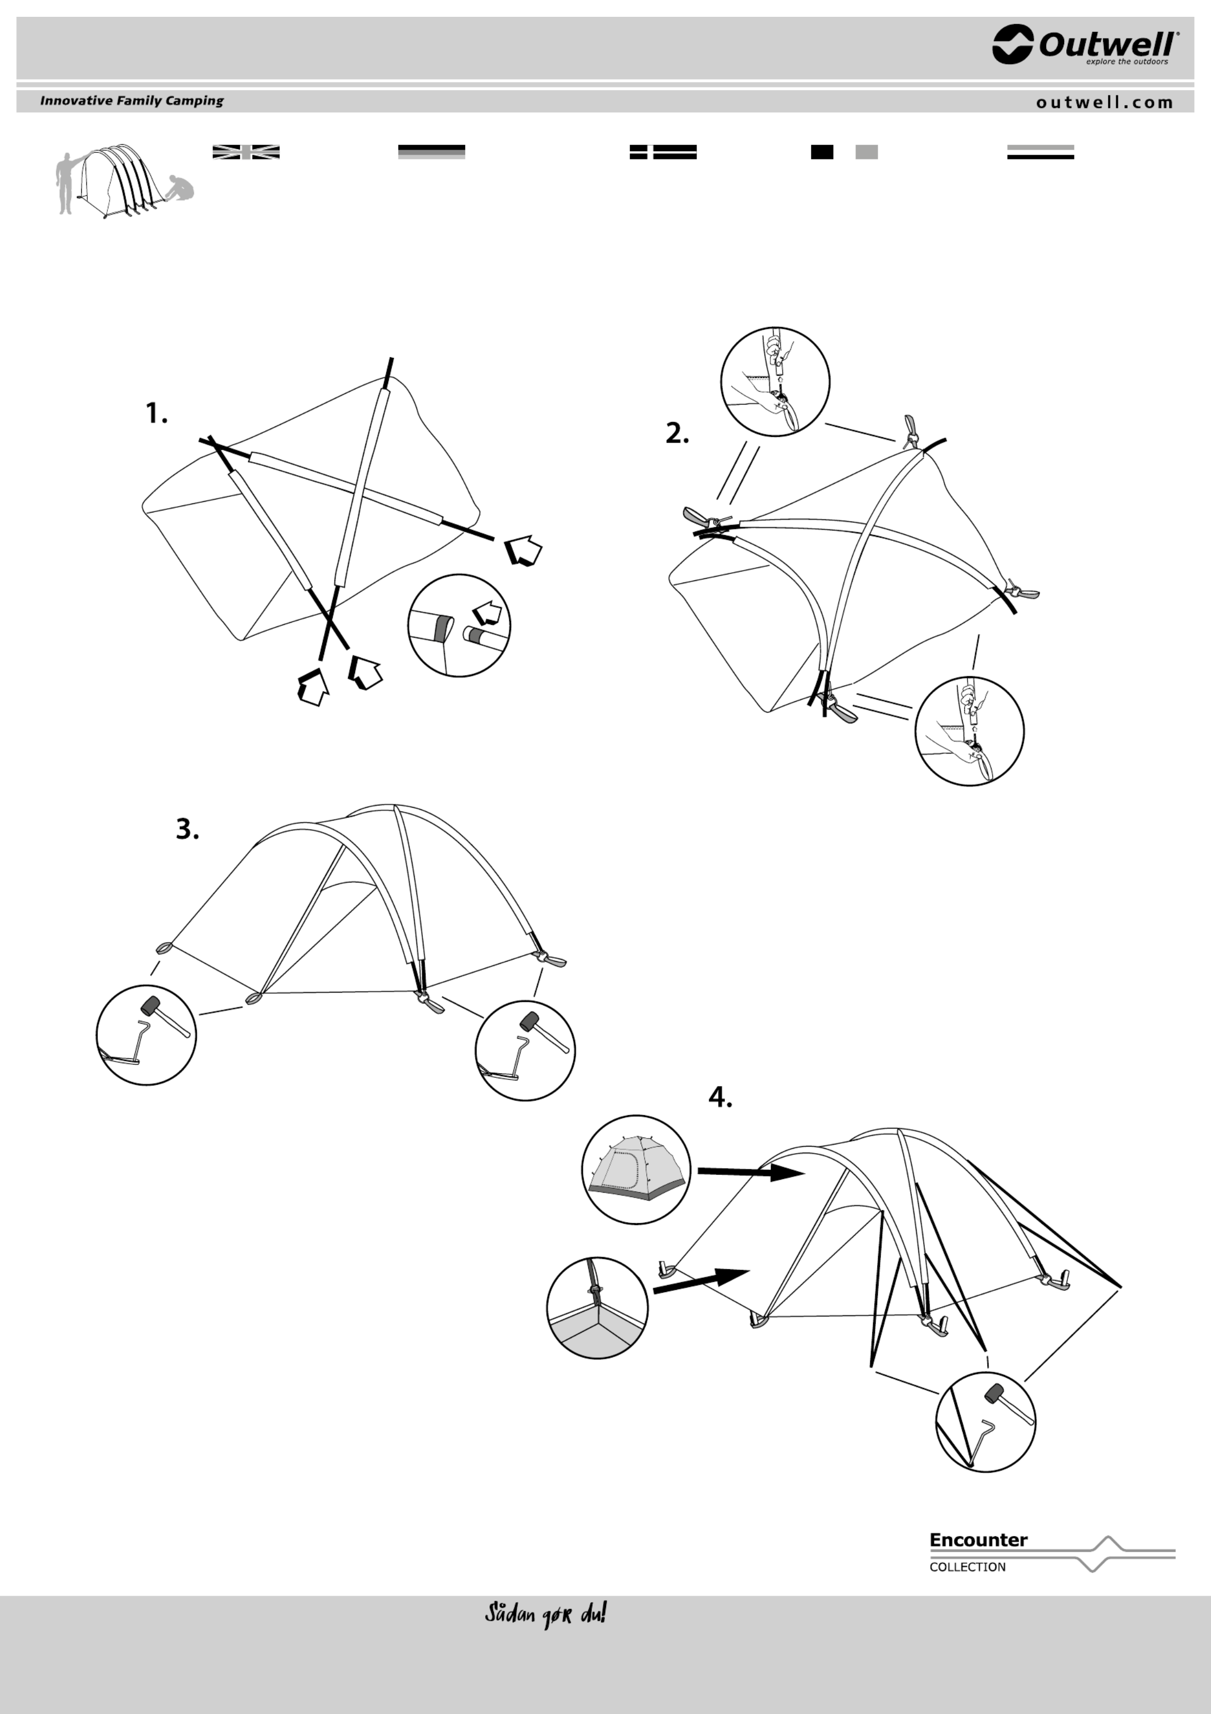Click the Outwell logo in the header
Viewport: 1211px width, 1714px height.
coord(1086,45)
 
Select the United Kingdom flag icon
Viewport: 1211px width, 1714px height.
coord(246,151)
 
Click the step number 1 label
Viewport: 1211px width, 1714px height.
coord(156,413)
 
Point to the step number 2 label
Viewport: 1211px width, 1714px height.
coord(678,433)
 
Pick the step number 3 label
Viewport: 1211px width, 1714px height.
coord(187,829)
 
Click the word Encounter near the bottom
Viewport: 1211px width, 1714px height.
coord(978,1539)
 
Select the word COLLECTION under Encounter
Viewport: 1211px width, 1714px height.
coord(967,1567)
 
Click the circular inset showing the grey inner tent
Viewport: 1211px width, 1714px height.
coord(636,1170)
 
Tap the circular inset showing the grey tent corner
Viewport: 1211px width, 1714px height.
coord(597,1308)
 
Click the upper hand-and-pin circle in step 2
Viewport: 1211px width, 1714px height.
coord(775,381)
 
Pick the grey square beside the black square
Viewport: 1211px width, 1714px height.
coord(866,151)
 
